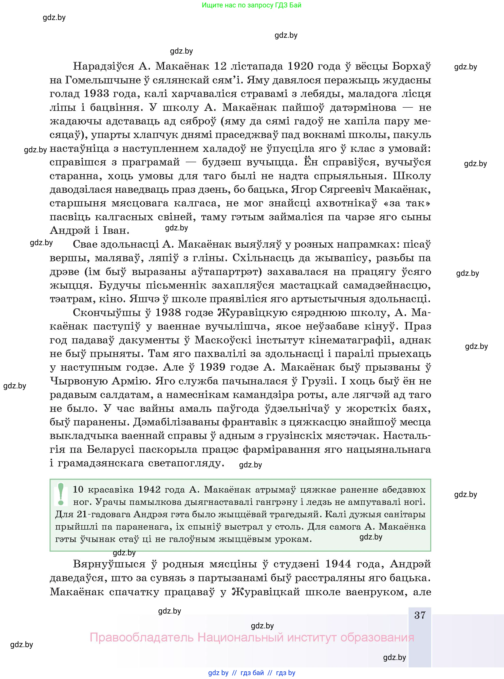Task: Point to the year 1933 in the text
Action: [x=96, y=93]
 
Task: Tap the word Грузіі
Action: [x=321, y=381]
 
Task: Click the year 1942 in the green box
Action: [x=149, y=489]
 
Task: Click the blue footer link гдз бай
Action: [x=252, y=673]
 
